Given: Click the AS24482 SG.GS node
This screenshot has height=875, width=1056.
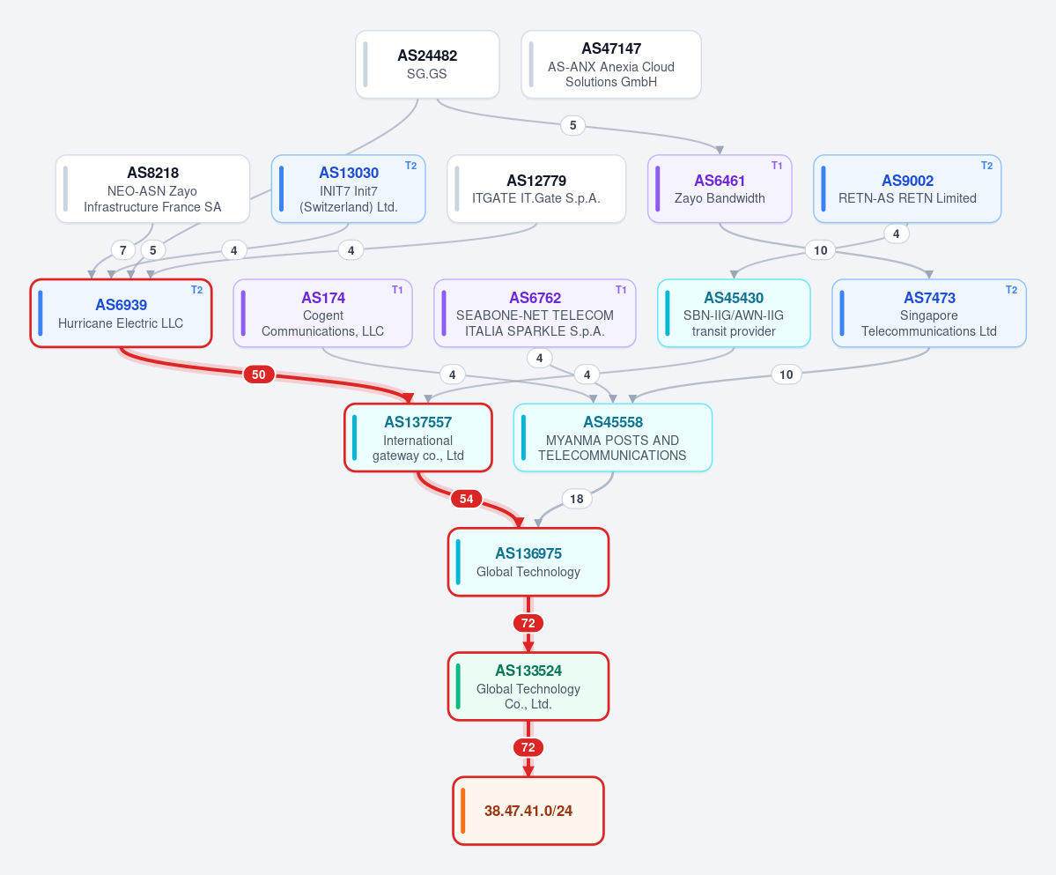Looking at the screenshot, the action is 427,64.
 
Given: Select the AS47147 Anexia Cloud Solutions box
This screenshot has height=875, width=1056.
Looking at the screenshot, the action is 611,64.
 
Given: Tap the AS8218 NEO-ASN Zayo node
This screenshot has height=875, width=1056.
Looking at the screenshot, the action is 153,189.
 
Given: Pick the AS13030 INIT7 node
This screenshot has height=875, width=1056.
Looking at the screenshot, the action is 348,189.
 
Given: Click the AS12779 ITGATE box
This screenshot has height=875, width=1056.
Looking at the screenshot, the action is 536,189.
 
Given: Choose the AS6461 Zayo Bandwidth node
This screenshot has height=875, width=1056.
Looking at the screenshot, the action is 720,189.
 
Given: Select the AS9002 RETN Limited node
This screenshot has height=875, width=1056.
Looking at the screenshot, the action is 907,189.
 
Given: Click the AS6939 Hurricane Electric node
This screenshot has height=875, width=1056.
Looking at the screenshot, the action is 122,313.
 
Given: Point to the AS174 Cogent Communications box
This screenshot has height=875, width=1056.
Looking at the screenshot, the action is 322,313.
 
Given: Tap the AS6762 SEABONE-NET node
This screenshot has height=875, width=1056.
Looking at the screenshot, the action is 535,313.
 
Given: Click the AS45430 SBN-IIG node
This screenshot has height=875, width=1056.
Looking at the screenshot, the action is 734,313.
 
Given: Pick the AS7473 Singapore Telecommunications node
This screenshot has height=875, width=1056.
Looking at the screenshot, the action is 928,313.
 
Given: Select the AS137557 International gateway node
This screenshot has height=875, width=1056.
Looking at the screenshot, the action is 418,438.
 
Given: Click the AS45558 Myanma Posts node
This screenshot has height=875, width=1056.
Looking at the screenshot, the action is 613,438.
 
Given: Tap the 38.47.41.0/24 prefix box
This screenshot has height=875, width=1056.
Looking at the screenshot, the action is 528,811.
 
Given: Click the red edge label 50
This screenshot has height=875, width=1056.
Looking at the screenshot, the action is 259,374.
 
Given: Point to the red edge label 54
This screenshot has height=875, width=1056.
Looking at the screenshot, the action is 467,499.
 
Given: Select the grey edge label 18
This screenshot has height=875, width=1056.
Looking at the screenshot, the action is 577,499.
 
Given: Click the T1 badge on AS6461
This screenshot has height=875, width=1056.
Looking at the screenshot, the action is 777,166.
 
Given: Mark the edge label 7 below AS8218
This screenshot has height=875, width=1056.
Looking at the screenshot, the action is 122,250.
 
